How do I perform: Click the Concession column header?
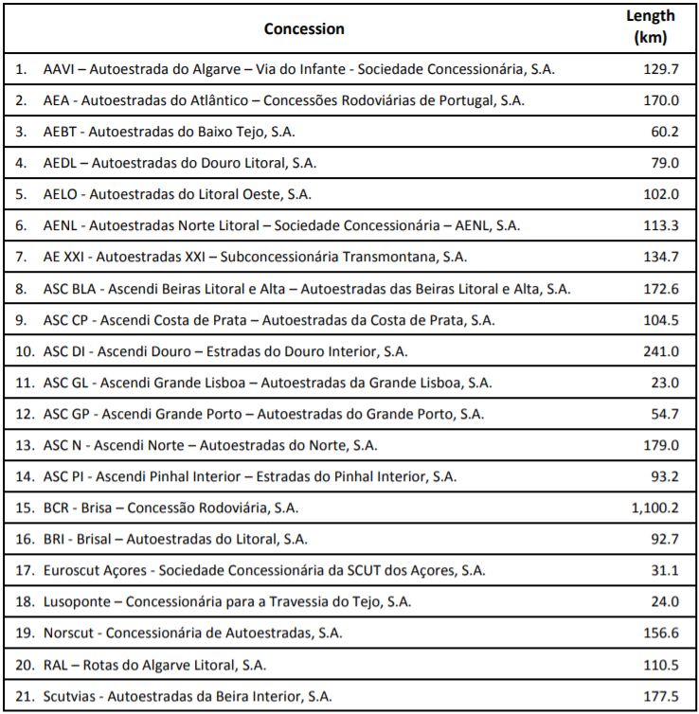[303, 28]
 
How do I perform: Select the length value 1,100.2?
[654, 509]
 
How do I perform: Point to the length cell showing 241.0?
[660, 352]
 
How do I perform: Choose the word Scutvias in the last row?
[71, 696]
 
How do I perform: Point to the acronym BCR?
[58, 509]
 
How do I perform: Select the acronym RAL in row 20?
[56, 665]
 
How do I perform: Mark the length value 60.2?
[664, 133]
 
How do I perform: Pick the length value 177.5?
[660, 696]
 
